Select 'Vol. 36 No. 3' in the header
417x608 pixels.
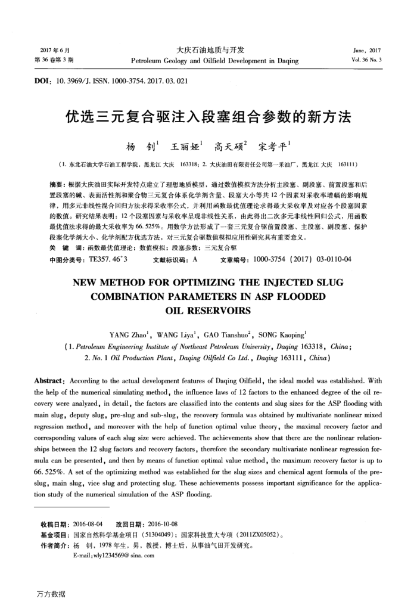tap(366, 60)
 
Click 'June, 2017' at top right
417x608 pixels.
tap(367, 50)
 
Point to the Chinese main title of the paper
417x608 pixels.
tap(208, 116)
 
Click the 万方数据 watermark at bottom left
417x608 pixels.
tap(50, 594)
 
